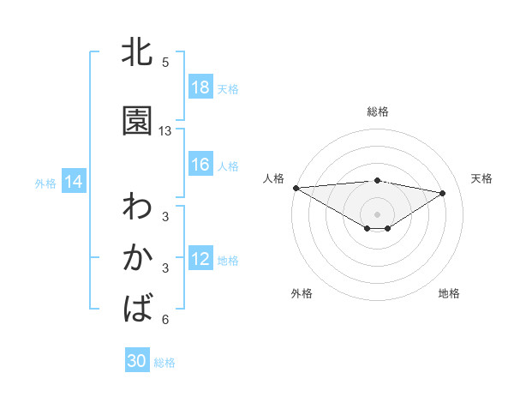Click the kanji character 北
click(137, 52)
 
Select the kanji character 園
click(137, 121)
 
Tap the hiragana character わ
click(137, 208)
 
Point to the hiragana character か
click(137, 258)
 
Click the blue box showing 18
click(200, 87)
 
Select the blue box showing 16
click(200, 165)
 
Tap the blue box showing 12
click(200, 259)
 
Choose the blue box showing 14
click(74, 182)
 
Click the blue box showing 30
click(137, 361)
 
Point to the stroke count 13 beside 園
click(165, 130)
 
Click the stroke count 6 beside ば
click(165, 320)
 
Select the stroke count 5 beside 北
click(165, 62)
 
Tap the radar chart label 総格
click(378, 111)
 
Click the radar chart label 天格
click(482, 178)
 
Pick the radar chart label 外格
click(302, 293)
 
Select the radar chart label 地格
click(449, 293)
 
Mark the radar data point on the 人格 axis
click(296, 187)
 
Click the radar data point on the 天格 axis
click(443, 193)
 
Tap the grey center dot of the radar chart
click(378, 214)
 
